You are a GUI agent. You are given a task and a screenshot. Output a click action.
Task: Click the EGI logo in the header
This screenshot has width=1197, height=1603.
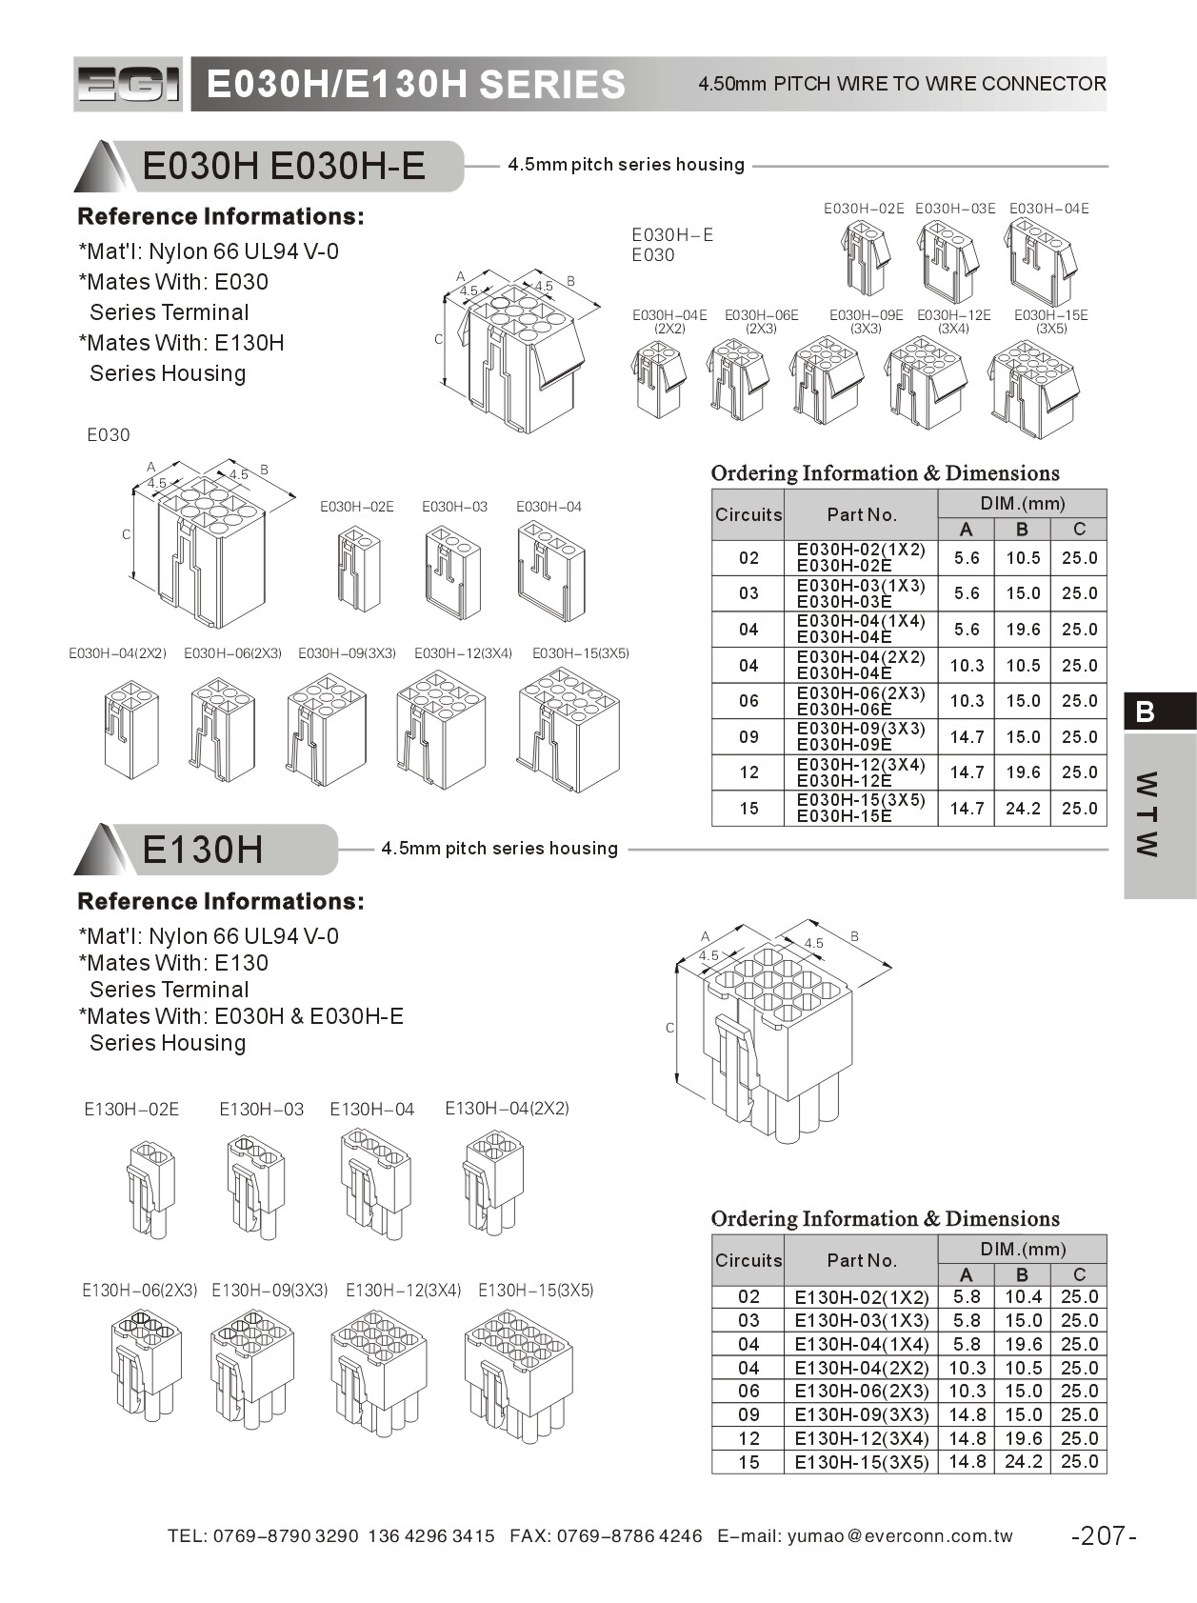pos(128,85)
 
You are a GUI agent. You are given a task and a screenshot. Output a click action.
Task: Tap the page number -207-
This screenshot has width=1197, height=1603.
pos(1104,1535)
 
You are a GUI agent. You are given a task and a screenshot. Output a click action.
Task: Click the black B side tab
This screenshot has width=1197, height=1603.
pos(1159,711)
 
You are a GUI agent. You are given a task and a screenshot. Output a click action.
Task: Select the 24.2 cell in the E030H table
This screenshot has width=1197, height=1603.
pos(1023,809)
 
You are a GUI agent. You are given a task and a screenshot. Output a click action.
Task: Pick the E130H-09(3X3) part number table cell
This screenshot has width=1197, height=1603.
pos(861,1414)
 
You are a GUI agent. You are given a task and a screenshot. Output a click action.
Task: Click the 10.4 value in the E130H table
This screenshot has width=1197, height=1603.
pos(1023,1296)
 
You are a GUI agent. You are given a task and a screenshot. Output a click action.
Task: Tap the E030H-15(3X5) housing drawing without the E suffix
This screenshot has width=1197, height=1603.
pos(569,729)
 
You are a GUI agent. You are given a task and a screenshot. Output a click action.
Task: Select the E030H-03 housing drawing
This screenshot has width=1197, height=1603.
pos(452,573)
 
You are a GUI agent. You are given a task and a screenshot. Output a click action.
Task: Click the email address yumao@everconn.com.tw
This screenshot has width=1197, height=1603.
pos(900,1535)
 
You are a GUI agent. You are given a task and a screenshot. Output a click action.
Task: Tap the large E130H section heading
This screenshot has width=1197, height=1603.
pos(203,849)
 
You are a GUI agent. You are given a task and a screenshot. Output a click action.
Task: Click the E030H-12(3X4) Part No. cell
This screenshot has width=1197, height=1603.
pos(861,772)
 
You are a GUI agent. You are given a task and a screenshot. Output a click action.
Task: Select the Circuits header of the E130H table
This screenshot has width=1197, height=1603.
pos(748,1260)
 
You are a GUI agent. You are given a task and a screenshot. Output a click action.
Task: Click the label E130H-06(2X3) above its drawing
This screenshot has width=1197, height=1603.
pos(139,1291)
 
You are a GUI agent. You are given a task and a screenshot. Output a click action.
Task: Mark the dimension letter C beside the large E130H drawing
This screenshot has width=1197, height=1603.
pos(670,1028)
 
